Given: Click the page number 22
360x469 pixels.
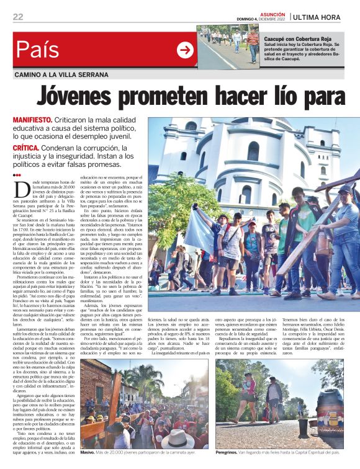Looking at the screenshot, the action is click(18, 17).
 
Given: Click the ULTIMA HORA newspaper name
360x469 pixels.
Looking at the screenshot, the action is click(325, 17).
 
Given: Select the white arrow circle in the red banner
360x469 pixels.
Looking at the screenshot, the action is click(185, 50).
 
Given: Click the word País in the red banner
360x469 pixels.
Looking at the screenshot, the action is click(38, 50).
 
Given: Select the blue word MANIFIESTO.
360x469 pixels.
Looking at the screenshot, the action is click(32, 119).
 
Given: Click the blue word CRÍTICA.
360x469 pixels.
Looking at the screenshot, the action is click(27, 148).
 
